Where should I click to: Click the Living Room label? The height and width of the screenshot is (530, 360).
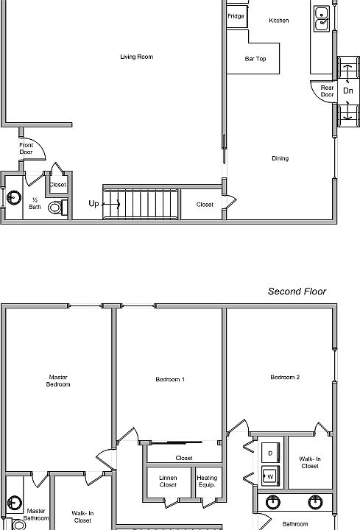(136, 57)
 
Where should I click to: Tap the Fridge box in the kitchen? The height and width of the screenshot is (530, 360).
(237, 16)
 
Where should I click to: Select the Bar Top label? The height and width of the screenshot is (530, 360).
(255, 59)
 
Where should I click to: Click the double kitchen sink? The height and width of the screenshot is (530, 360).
(322, 18)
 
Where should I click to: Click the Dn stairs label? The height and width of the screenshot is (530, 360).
(347, 91)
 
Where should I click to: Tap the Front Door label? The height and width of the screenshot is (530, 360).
(26, 149)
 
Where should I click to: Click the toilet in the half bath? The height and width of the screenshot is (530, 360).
(57, 207)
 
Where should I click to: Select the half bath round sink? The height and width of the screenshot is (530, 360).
(14, 197)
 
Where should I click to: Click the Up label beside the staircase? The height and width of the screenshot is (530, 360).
(93, 203)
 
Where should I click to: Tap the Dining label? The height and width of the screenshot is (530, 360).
(280, 158)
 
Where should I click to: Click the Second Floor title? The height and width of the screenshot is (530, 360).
(297, 291)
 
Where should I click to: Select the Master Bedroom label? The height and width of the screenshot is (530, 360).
(58, 381)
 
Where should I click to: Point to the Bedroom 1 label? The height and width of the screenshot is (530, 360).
(170, 379)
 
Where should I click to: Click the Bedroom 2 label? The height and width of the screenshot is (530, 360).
(285, 377)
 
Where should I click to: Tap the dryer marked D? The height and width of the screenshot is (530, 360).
(270, 453)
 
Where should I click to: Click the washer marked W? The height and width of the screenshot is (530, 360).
(270, 476)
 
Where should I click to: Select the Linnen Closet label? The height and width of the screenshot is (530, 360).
(168, 481)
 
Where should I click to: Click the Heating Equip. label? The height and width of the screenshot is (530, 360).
(207, 481)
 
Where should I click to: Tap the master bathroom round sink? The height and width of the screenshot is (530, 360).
(14, 503)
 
